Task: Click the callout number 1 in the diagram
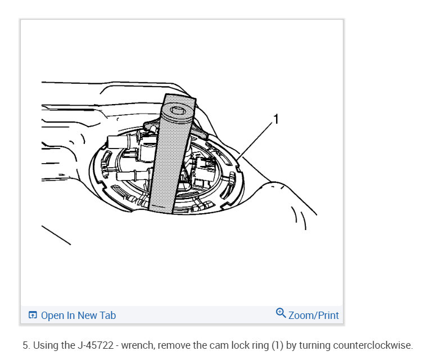click(x=276, y=119)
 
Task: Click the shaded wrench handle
click(x=169, y=163)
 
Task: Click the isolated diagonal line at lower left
click(x=56, y=235)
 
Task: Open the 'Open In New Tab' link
click(x=78, y=315)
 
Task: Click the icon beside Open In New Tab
click(x=33, y=315)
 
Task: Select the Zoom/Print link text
click(x=314, y=315)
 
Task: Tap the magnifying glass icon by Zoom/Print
click(x=281, y=313)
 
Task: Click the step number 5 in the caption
click(x=25, y=345)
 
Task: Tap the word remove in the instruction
click(x=168, y=345)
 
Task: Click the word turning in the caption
click(x=315, y=345)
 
